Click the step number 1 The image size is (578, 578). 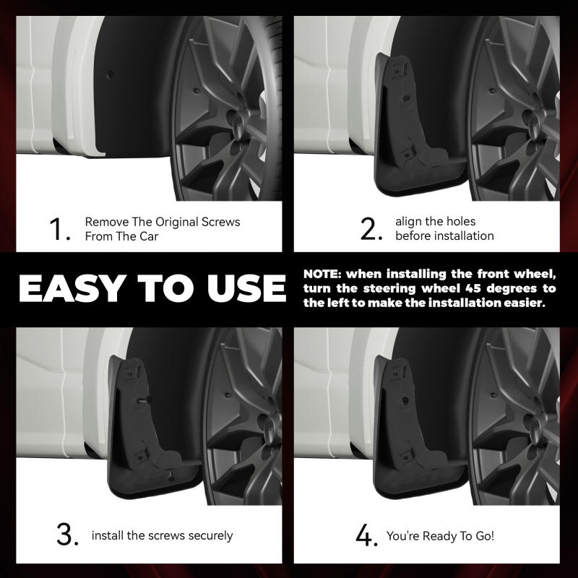(59, 229)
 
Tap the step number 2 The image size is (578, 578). (370, 229)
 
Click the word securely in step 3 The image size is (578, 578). (208, 536)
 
